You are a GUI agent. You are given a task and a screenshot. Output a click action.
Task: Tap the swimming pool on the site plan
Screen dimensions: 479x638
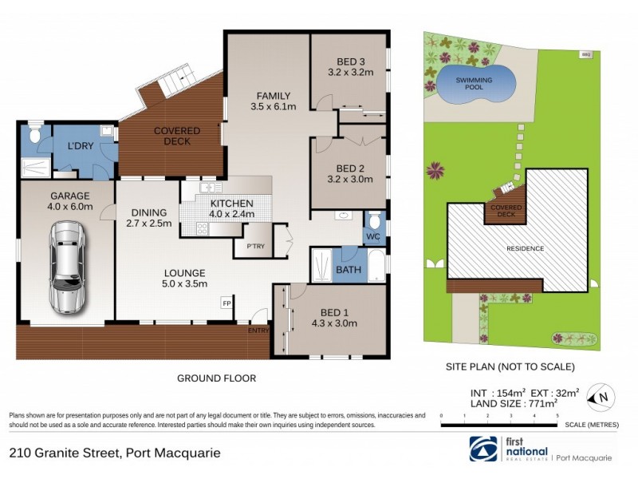(x=474, y=85)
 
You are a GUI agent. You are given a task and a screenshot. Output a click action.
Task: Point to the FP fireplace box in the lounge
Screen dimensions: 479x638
(x=227, y=303)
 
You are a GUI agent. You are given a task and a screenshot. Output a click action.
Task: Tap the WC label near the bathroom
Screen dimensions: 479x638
(x=373, y=236)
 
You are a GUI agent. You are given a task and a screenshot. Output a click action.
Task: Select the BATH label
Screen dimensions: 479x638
(x=348, y=270)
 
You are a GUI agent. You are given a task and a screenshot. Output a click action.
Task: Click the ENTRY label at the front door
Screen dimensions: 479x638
(x=258, y=331)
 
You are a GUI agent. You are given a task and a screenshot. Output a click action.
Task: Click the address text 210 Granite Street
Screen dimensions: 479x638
(x=114, y=453)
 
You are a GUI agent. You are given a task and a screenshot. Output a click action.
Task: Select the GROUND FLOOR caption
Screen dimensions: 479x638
(x=215, y=378)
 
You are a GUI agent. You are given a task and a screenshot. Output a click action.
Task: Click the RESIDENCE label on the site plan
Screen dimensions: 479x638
(x=525, y=248)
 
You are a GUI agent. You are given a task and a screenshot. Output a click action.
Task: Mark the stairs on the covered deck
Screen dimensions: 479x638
(x=177, y=80)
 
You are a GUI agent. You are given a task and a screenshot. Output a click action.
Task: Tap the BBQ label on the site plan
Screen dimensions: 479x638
(x=586, y=55)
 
